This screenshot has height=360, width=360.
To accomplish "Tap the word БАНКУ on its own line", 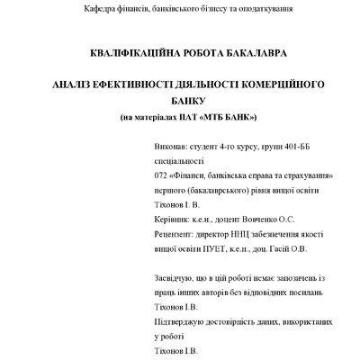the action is click(187, 101).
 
